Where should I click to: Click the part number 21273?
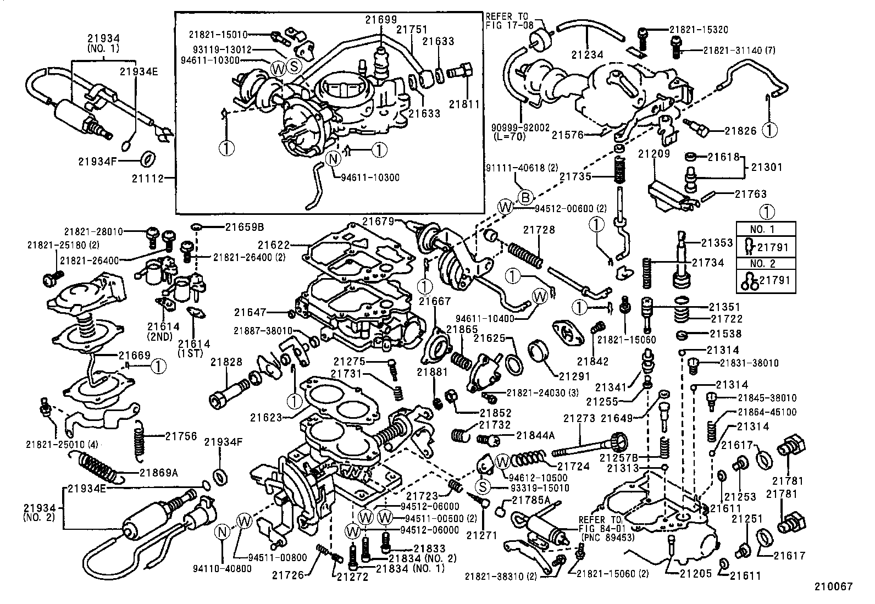coord(579,418)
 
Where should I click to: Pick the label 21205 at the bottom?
coord(695,573)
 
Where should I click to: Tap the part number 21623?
coord(266,418)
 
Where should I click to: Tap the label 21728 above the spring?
coord(539,230)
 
